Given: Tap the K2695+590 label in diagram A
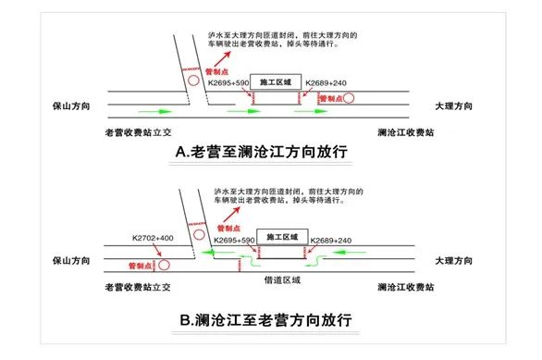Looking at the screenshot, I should [x=228, y=82].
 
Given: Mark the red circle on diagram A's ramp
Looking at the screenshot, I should [x=192, y=81].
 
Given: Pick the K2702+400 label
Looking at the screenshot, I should [x=153, y=239].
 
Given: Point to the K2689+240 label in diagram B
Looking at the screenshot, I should [x=328, y=239].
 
